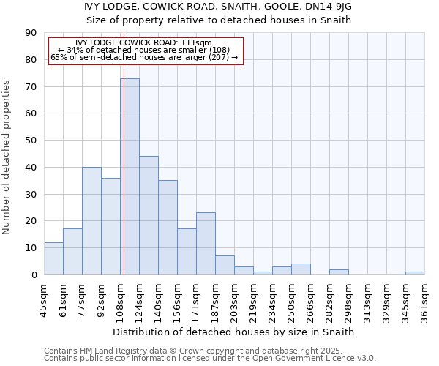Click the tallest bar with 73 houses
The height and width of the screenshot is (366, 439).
(x=130, y=176)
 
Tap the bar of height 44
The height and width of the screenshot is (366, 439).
(x=149, y=215)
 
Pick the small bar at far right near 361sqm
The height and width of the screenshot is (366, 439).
(x=415, y=273)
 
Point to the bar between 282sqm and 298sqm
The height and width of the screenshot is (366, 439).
(x=339, y=272)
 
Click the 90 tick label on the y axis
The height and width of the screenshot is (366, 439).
(x=31, y=33)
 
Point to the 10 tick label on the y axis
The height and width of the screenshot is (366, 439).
(x=31, y=248)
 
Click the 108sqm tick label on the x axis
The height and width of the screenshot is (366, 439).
(x=121, y=300)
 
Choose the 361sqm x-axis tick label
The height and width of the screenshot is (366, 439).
(x=425, y=300)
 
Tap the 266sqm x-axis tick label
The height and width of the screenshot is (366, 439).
(x=311, y=300)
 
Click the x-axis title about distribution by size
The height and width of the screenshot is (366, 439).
(x=234, y=332)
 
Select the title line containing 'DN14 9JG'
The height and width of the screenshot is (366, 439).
(x=219, y=7)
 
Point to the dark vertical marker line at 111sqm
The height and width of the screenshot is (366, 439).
(x=124, y=183)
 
